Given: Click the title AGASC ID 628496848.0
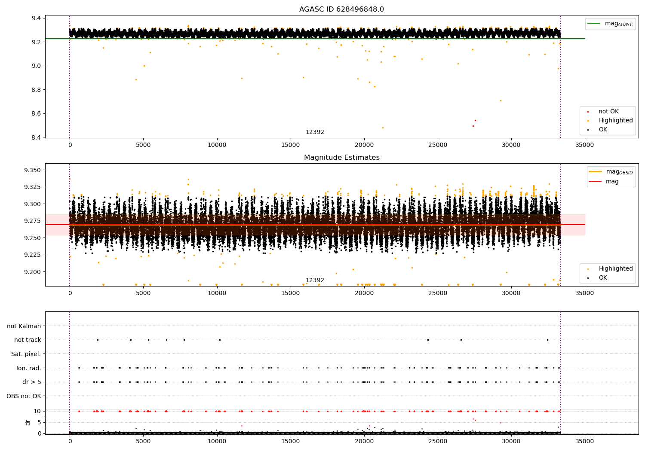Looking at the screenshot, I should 341,9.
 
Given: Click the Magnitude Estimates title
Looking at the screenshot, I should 341,158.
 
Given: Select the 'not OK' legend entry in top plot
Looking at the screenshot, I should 608,112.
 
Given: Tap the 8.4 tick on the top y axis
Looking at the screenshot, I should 36,137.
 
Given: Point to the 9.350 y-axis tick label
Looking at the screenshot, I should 32,170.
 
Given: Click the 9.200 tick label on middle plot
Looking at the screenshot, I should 32,272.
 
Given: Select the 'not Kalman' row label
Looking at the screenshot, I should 24,326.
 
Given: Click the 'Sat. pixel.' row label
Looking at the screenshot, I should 26,354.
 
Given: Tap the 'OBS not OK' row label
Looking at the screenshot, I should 24,396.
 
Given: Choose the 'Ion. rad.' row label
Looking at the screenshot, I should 28,368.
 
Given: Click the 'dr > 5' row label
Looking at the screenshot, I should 31,382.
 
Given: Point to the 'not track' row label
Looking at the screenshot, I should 28,340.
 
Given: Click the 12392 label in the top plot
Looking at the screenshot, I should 315,132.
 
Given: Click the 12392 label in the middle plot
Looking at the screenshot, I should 315,280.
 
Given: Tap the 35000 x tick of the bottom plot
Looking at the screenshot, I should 585,441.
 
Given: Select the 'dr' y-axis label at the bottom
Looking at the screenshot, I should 28,422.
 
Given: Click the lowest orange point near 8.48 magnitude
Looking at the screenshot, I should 383,128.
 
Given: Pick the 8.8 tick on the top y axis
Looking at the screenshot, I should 36,90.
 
